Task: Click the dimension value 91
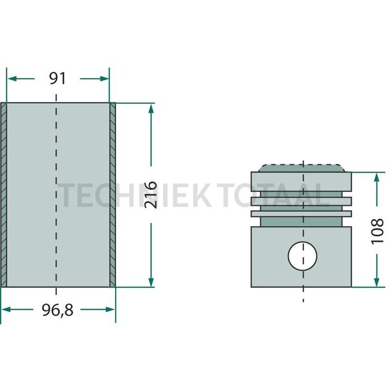click(x=57, y=79)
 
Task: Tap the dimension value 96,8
click(x=58, y=310)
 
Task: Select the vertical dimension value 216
click(x=151, y=195)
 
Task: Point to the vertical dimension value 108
click(x=377, y=232)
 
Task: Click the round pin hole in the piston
click(x=302, y=256)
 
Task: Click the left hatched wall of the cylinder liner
click(x=4, y=195)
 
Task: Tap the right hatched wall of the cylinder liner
click(x=112, y=195)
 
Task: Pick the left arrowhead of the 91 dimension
click(x=12, y=79)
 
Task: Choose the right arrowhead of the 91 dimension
click(x=104, y=79)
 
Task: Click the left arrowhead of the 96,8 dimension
click(x=6, y=310)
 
